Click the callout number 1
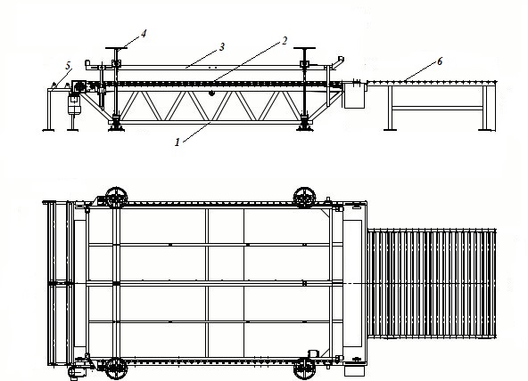177,142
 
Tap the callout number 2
285,41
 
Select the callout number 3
221,47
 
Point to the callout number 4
144,34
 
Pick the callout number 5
69,66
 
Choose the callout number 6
440,61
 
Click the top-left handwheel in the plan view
117,198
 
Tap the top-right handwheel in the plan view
304,198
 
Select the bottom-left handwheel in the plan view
117,369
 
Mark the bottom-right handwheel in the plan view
304,369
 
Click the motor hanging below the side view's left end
74,104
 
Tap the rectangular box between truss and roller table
354,96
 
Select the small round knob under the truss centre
211,93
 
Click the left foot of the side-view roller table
390,129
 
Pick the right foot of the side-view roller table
485,129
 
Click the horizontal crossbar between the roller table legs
437,108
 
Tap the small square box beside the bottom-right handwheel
313,353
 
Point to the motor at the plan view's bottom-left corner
76,372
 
